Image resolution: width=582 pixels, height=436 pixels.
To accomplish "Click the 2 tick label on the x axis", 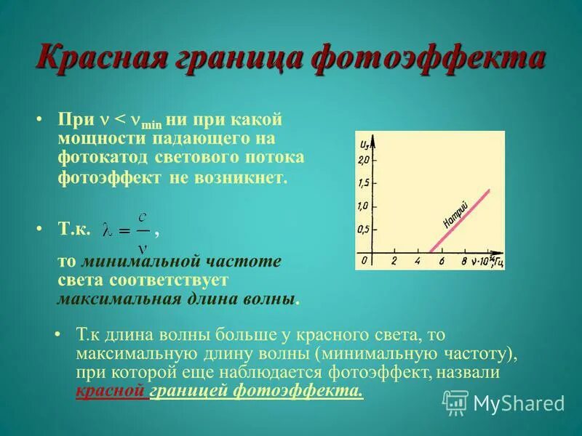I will tap(394, 261).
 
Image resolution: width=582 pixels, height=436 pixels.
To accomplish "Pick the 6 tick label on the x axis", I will tap(441, 261).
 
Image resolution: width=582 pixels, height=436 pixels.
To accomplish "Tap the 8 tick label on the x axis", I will tap(463, 261).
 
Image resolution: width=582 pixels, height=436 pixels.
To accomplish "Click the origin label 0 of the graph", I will tap(364, 261).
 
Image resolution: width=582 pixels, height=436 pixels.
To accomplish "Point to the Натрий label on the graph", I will tap(456, 209).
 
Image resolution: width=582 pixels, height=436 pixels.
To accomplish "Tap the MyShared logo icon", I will tap(456, 402).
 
